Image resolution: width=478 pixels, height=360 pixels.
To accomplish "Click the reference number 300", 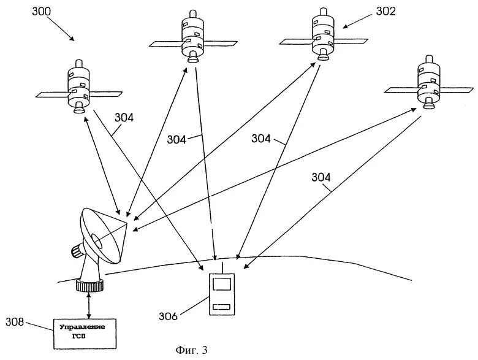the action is coord(42,12).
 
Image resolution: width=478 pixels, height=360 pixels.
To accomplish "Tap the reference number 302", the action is coord(385,11).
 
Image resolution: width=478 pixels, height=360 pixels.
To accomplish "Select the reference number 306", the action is coord(168,316).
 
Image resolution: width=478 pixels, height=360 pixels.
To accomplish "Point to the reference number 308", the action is coord(14,321).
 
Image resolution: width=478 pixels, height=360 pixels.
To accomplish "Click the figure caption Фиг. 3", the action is coord(191,350).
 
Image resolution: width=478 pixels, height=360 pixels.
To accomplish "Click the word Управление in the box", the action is coord(82,327).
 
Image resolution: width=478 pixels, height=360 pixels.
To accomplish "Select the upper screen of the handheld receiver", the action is coord(222,283).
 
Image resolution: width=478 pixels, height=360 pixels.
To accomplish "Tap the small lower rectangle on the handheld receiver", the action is coord(222,307).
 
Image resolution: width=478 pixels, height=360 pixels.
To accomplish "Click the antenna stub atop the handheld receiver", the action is coord(222,268).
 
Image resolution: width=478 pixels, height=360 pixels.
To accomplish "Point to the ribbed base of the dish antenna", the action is coord(90,286).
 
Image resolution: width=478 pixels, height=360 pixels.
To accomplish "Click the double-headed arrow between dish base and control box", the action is coord(89,305).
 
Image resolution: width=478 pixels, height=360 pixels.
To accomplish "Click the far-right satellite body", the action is coord(429,82).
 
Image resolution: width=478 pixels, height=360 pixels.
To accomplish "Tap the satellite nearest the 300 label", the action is coord(78,87).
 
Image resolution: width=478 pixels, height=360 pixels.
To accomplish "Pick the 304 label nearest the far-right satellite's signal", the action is coord(321,178).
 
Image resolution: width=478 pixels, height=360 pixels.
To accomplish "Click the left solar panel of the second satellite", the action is coord(166,44).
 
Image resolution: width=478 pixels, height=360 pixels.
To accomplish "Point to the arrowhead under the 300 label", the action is coord(71,38).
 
